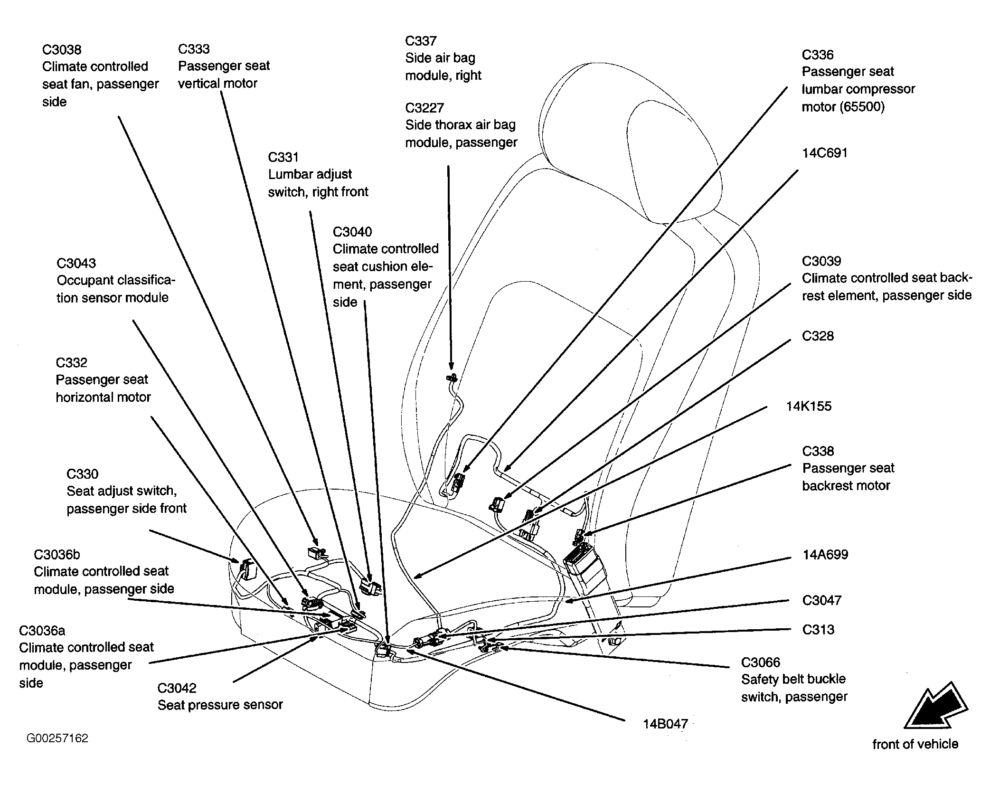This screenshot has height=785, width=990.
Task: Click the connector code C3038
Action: tap(62, 50)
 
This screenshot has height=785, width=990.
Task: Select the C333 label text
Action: tap(194, 49)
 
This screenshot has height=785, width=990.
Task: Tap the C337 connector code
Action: tap(421, 41)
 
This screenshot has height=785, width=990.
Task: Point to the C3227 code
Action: tap(424, 108)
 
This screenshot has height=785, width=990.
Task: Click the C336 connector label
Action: tap(818, 55)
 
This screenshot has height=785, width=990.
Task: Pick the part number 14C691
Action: tap(825, 153)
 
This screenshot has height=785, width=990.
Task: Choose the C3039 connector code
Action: tap(821, 261)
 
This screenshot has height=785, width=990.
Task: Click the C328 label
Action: tap(818, 336)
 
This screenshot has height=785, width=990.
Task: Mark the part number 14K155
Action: tap(809, 406)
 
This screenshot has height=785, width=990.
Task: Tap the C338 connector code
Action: tap(818, 451)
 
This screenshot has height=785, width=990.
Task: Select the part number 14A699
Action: tap(825, 555)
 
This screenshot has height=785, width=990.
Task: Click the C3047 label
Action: tap(822, 600)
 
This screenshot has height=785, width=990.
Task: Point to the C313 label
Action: tap(818, 630)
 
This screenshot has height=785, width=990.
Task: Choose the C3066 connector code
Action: tap(761, 662)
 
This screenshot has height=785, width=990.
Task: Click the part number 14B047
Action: tap(665, 724)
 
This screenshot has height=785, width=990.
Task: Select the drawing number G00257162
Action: tap(57, 738)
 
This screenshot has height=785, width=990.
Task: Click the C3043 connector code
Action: tap(76, 263)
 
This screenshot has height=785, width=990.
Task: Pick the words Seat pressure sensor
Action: tap(220, 705)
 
